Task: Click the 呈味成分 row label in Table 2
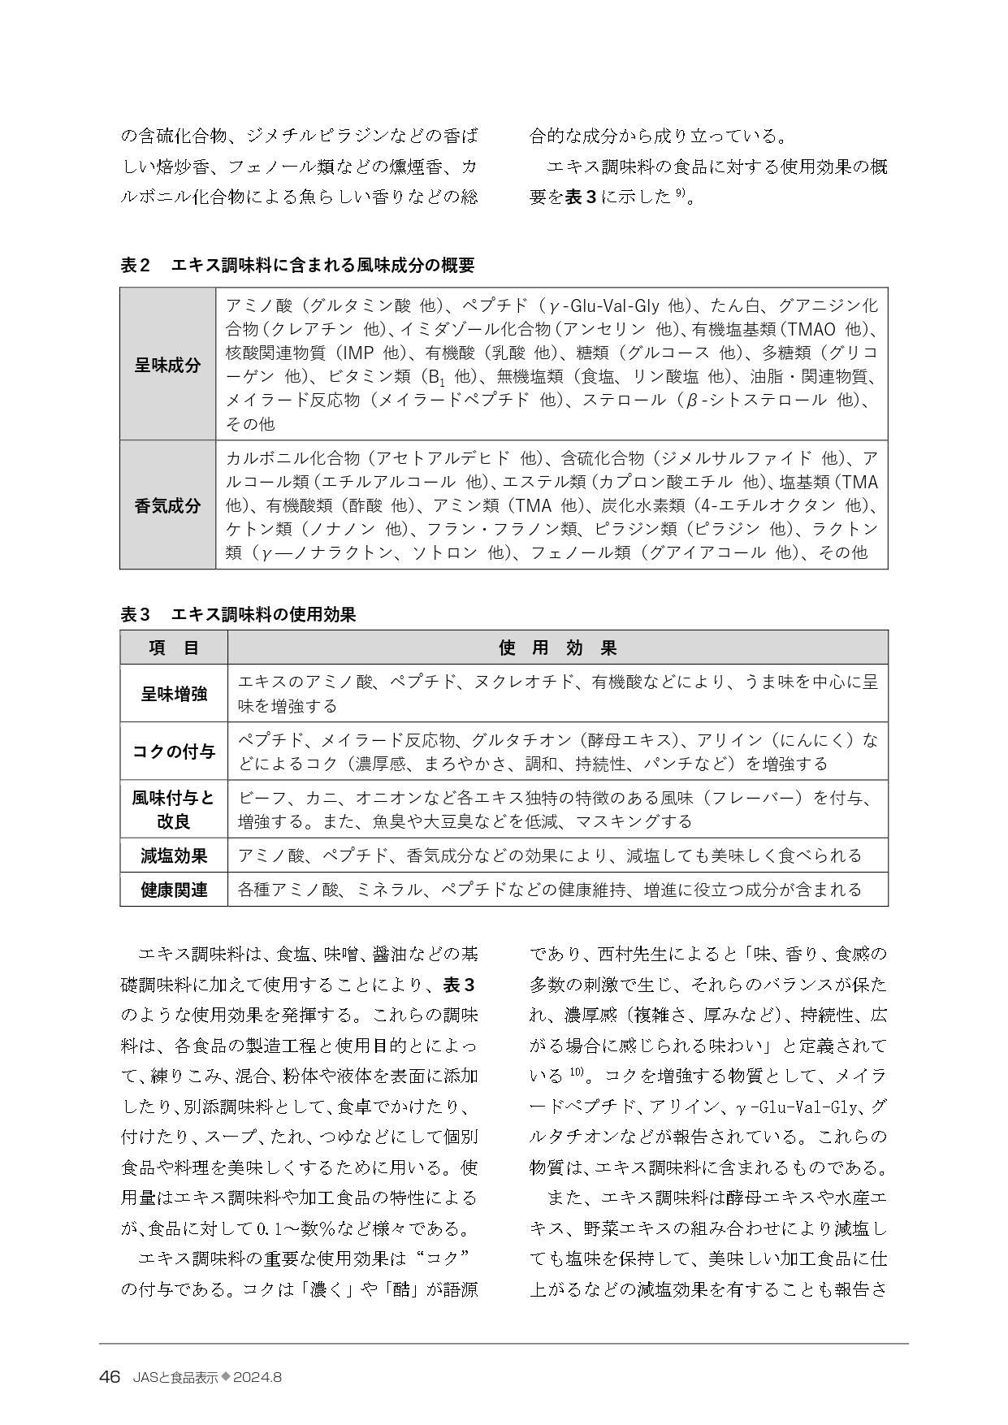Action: [167, 365]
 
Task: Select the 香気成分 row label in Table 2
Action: [167, 505]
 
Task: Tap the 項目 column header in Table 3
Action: [174, 648]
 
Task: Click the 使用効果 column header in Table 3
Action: [557, 648]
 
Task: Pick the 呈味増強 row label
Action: [174, 694]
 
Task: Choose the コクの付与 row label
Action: [174, 751]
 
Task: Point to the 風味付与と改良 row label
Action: [174, 809]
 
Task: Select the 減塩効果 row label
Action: [174, 855]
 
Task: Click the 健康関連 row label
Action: [174, 890]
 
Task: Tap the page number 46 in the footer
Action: [110, 1377]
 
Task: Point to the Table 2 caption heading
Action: [297, 265]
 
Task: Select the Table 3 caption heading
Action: [238, 615]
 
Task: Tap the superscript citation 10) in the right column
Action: [576, 1072]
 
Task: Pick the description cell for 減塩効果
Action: [549, 855]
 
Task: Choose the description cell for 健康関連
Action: [549, 890]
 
